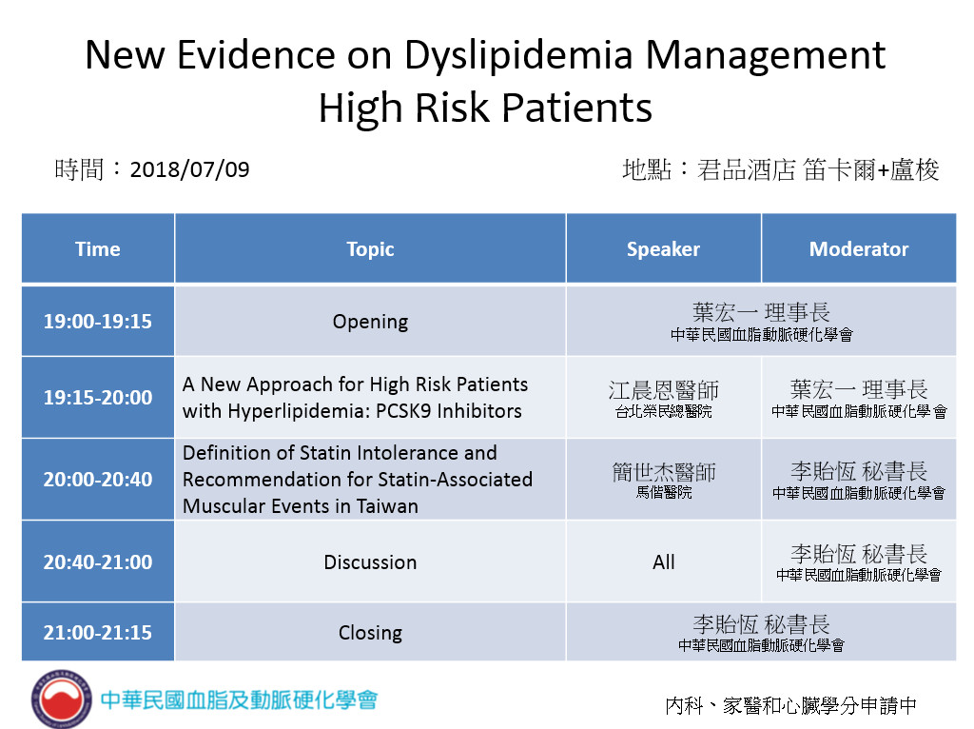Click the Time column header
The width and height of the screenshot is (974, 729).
click(x=98, y=248)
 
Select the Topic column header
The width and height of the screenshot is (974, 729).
click(x=370, y=248)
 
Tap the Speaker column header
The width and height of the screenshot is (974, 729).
click(x=663, y=248)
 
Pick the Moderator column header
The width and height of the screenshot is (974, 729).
click(x=859, y=248)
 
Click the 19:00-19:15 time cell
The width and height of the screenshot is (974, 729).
click(x=98, y=321)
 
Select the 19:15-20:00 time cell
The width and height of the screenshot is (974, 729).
click(x=98, y=397)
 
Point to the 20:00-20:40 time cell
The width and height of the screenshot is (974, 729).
click(x=98, y=479)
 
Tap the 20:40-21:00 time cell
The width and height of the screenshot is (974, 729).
click(x=98, y=562)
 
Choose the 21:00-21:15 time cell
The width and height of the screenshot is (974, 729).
click(x=98, y=632)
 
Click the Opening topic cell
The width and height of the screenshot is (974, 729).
click(x=370, y=321)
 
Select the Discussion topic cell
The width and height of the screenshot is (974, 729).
click(x=370, y=562)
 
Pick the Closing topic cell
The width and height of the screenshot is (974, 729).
click(x=370, y=632)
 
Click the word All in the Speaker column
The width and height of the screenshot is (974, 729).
click(x=663, y=562)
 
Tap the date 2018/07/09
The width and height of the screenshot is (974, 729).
click(x=189, y=169)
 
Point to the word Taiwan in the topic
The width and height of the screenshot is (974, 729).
click(x=387, y=506)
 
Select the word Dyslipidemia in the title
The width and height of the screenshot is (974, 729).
click(x=518, y=56)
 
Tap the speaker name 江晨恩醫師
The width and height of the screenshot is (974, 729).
click(x=663, y=390)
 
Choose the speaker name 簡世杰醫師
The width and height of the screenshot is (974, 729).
click(x=663, y=472)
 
